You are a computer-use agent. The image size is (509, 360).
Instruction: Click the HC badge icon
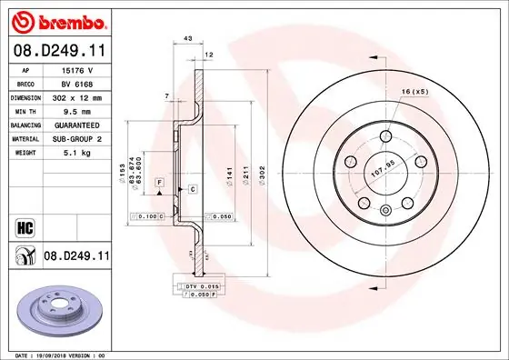24,225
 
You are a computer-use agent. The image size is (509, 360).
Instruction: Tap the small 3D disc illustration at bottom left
58,312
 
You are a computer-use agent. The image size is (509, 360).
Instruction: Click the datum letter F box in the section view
159,183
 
